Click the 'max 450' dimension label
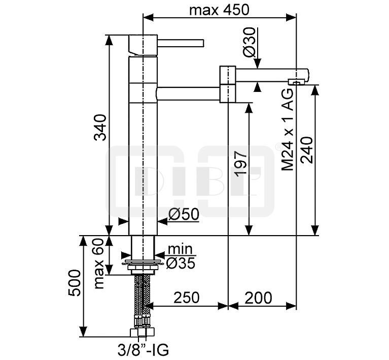pos(219,10)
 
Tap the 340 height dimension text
pos(100,127)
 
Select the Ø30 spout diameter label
pos(249,42)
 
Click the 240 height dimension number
pos(307,150)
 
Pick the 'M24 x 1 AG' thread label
pos(288,129)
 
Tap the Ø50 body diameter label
pos(184,214)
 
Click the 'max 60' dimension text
pos(99,264)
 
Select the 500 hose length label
pos(75,282)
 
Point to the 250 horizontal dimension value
pos(186,298)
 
